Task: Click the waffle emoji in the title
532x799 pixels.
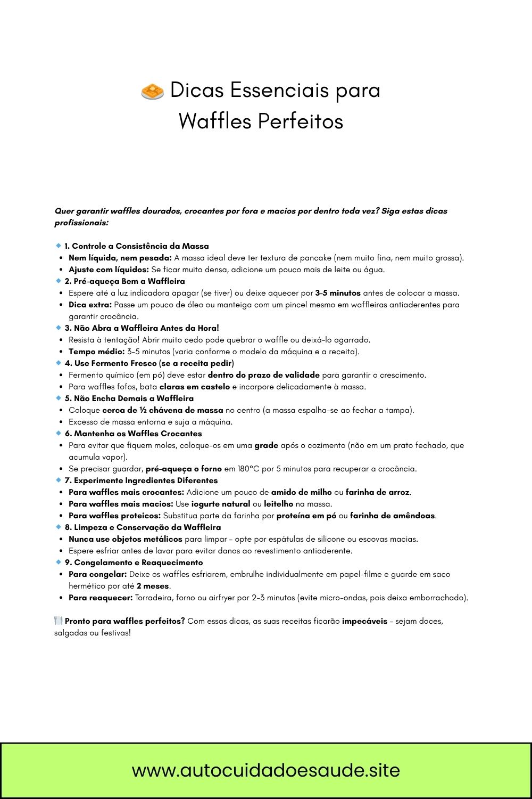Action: [x=152, y=91]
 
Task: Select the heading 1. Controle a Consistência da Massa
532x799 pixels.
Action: [x=137, y=246]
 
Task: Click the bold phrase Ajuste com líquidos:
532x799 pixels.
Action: [x=109, y=270]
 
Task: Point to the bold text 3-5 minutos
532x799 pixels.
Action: [x=338, y=293]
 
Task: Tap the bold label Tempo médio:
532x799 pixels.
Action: [x=96, y=352]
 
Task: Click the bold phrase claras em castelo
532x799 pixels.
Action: [x=195, y=387]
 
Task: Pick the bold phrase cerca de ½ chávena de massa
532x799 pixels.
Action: [x=163, y=410]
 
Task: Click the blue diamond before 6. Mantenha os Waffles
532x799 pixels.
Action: [x=59, y=433]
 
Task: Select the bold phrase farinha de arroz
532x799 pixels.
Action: [x=378, y=492]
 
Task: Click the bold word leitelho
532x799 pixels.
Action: [x=279, y=504]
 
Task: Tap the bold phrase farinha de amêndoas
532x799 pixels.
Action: [x=393, y=516]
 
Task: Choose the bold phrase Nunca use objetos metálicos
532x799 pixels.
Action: [x=125, y=539]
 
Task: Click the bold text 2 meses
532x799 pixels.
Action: [x=153, y=586]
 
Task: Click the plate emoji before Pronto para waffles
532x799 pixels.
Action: [x=59, y=621]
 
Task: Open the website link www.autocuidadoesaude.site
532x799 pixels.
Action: [x=266, y=770]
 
